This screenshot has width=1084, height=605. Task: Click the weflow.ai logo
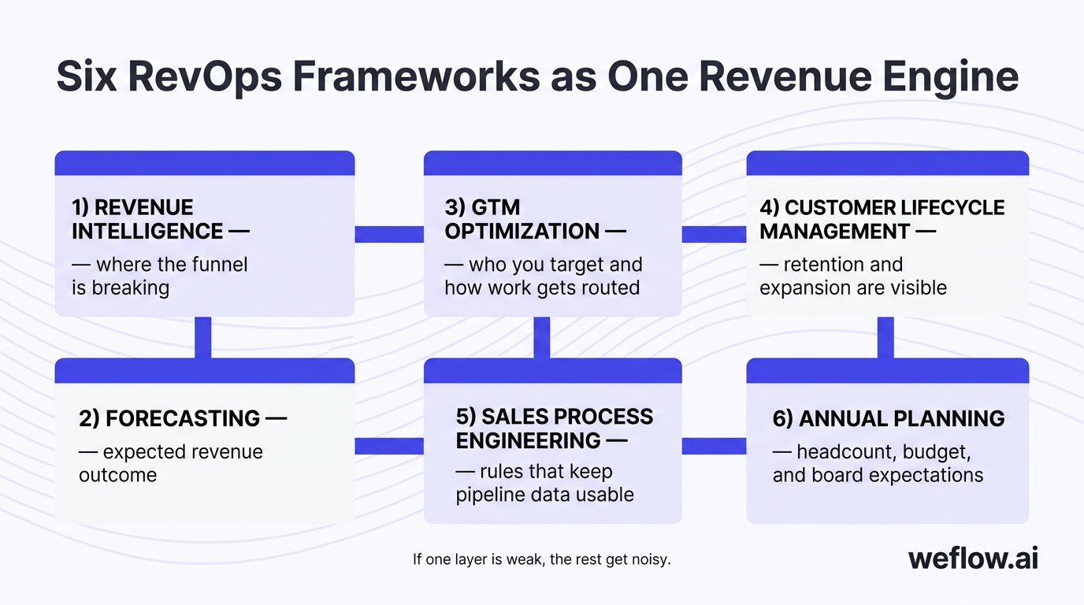click(x=973, y=559)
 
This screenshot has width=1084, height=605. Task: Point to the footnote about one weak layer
click(x=541, y=560)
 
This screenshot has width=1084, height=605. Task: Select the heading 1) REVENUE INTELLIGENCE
click(x=160, y=219)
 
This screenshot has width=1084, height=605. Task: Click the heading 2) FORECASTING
click(x=182, y=418)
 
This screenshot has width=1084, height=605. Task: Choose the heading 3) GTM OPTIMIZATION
click(x=535, y=219)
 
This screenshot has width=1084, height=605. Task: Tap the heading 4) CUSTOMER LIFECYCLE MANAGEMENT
click(x=882, y=219)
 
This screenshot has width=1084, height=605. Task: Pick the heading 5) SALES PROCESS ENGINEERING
click(x=554, y=428)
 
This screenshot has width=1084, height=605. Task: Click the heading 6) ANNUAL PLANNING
click(x=888, y=418)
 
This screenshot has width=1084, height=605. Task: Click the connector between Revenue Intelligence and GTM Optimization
click(x=389, y=234)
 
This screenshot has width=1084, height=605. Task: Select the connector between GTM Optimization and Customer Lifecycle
click(x=714, y=234)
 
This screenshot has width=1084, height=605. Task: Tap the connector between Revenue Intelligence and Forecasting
click(x=203, y=337)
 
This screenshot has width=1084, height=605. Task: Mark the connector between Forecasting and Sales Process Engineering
click(x=389, y=446)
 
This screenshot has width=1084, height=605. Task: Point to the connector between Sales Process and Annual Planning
click(x=714, y=446)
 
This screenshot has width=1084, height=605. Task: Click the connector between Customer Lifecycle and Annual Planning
click(x=885, y=337)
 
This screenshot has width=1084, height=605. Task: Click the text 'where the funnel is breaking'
click(x=160, y=276)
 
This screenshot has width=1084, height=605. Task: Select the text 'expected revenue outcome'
click(x=171, y=463)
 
